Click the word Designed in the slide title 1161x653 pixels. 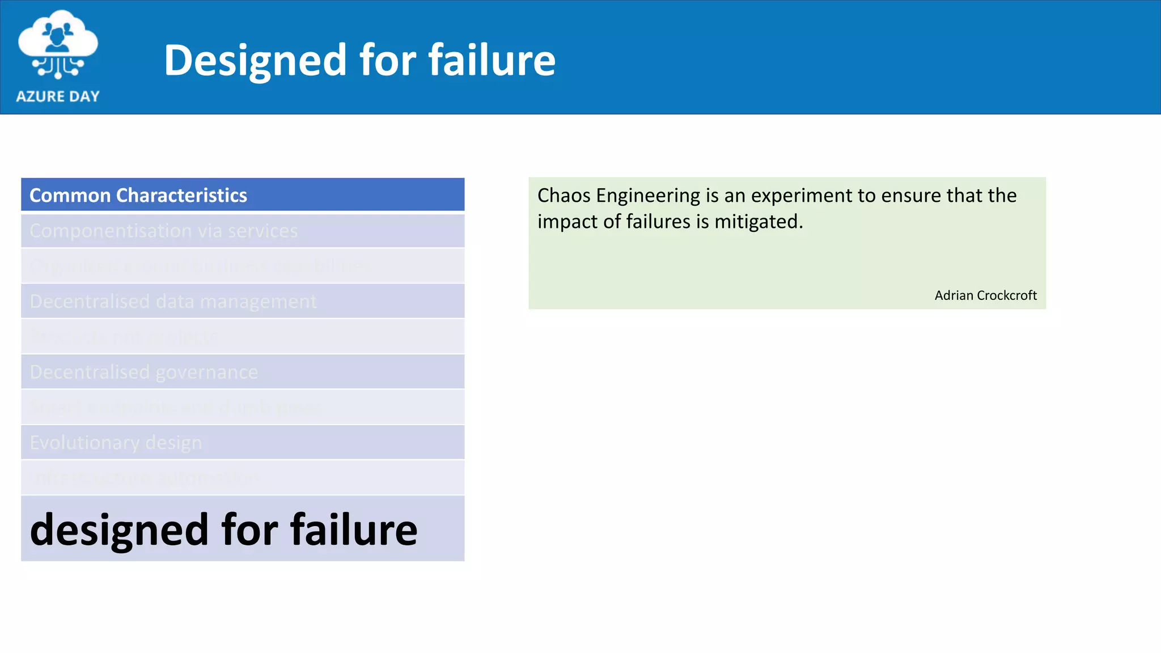255,61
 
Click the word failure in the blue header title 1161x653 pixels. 491,60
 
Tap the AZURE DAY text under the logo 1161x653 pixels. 58,96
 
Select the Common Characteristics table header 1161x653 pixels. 243,195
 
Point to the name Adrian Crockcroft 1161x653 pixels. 985,295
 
